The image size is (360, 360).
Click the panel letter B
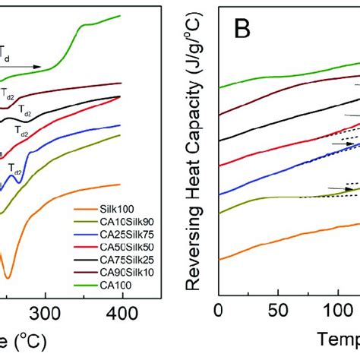(x=244, y=31)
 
